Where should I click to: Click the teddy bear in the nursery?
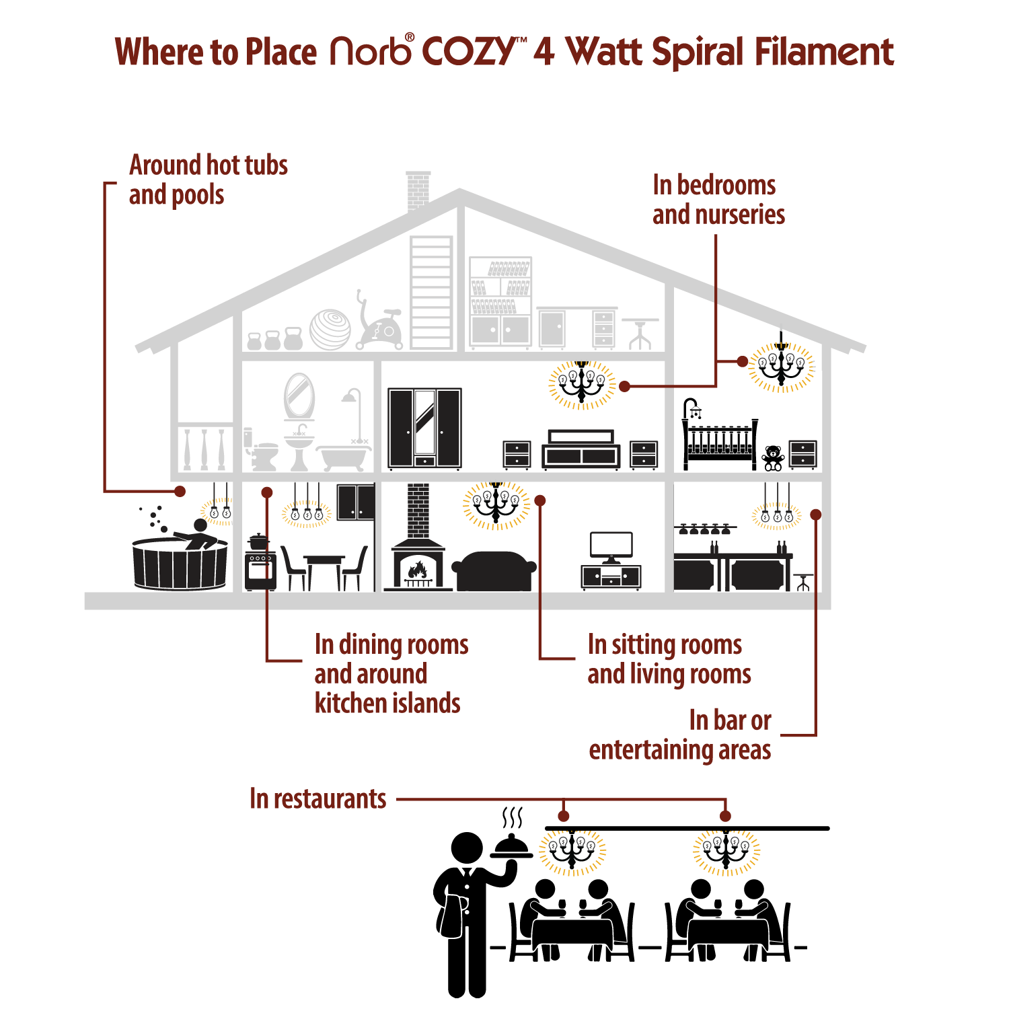[774, 457]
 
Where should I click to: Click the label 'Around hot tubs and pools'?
[208, 180]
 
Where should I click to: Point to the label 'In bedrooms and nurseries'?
[718, 200]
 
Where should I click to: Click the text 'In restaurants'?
[317, 799]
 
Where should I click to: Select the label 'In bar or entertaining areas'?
[681, 735]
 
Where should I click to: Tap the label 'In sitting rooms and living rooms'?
[669, 659]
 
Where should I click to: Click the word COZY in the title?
[468, 51]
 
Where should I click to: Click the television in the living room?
[611, 546]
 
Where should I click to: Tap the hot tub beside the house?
[180, 562]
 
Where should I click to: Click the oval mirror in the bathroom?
[299, 396]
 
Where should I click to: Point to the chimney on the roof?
[418, 190]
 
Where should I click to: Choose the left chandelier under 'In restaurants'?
[572, 852]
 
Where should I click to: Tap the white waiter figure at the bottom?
[453, 942]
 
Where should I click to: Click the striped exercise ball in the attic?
[330, 329]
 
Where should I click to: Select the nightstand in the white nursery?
[802, 454]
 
